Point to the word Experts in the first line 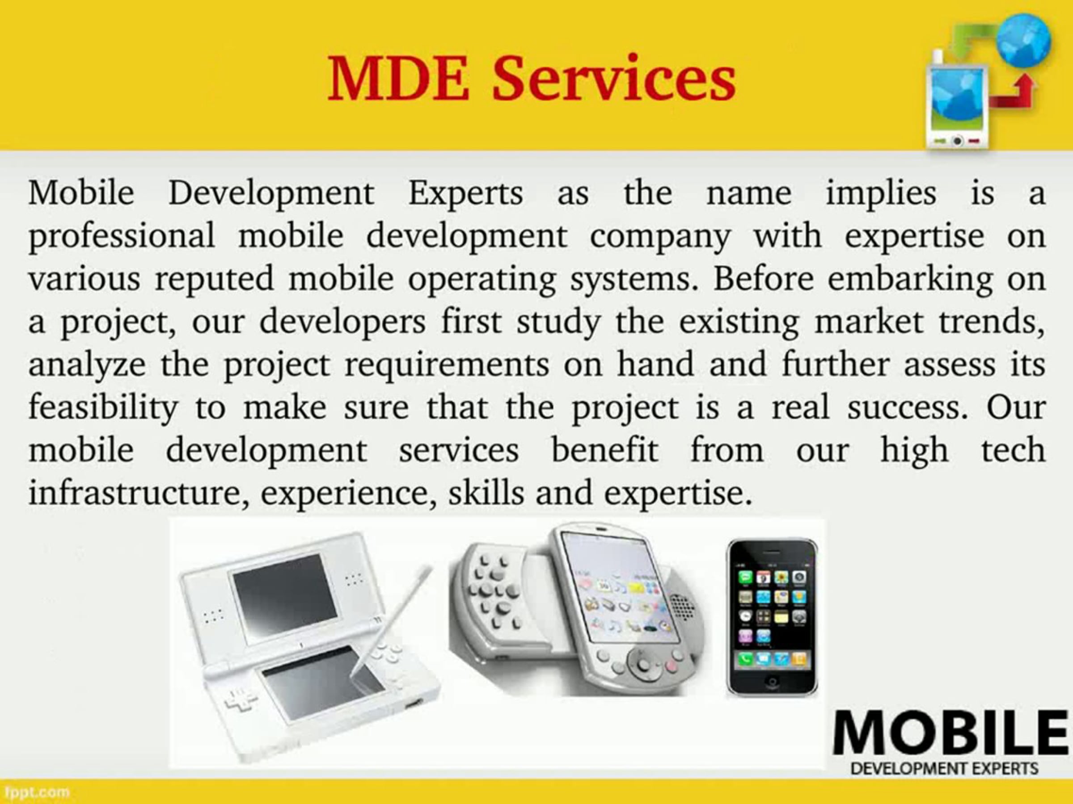466,193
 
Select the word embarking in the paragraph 910,280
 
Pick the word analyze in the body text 87,366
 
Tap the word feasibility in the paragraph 103,408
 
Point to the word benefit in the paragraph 605,450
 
